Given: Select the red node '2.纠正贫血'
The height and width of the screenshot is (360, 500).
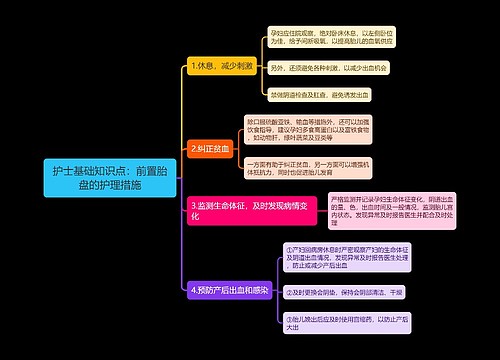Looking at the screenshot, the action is pyautogui.click(x=210, y=148).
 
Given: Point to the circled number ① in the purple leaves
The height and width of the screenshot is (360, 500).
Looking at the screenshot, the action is pyautogui.click(x=288, y=249).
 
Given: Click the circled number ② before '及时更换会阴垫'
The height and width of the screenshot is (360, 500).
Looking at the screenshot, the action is pyautogui.click(x=288, y=292).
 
